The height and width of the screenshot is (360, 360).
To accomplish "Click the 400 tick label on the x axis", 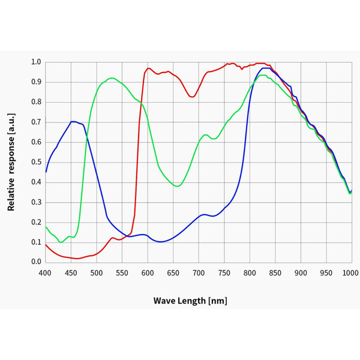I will pos(45,273).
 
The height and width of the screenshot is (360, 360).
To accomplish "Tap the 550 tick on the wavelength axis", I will pos(122,273).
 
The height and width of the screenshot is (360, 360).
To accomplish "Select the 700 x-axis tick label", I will pos(199,273).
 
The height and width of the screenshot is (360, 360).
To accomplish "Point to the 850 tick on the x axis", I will pos(275,273).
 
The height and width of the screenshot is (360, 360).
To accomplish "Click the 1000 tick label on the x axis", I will pos(351,273).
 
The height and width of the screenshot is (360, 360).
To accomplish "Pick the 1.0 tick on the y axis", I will pos(35,62).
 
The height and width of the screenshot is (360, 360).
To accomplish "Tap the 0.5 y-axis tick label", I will pos(35,162).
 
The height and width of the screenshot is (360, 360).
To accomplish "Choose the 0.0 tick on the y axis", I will pos(35,262).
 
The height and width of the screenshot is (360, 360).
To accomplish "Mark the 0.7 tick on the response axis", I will pos(35,122).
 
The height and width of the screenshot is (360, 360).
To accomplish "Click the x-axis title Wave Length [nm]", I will pos(190,301).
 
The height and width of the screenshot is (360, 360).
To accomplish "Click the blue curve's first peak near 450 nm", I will pos(73,121).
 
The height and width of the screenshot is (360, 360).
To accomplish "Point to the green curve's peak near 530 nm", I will pos(112,78).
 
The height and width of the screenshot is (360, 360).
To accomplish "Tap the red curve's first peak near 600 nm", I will pos(148,68).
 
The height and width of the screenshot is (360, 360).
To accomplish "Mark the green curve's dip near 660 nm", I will pos(177,186).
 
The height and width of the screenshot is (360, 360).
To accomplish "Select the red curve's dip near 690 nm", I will pos(193,97).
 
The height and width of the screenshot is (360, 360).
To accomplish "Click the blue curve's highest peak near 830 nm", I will pos(265,68).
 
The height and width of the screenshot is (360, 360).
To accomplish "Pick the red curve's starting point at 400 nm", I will pos(46,244).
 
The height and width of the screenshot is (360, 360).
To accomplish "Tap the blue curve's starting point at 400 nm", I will pos(46,172).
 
